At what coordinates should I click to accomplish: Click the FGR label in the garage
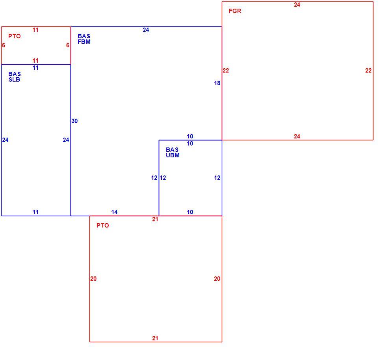[235, 11]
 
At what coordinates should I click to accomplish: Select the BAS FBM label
[84, 39]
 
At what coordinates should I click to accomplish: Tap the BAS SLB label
[15, 77]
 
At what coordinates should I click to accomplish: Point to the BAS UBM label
[173, 153]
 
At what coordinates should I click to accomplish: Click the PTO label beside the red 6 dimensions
[15, 36]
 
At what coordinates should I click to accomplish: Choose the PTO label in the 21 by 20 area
[103, 226]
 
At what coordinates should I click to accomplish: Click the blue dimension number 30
[74, 121]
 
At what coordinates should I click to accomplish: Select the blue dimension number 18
[217, 83]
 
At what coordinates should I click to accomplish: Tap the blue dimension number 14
[114, 212]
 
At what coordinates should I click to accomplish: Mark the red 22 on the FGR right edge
[368, 71]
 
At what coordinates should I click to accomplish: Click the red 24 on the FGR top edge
[297, 5]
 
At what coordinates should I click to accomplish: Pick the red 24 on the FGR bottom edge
[297, 136]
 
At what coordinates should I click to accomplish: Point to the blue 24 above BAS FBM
[146, 30]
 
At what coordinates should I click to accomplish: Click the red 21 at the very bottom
[155, 338]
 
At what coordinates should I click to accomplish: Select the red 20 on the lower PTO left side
[93, 279]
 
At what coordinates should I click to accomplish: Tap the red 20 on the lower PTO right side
[217, 279]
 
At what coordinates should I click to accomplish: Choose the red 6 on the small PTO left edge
[4, 45]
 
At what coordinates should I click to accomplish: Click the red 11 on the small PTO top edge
[35, 30]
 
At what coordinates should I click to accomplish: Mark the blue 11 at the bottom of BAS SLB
[35, 212]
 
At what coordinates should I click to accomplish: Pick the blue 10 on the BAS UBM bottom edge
[190, 212]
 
